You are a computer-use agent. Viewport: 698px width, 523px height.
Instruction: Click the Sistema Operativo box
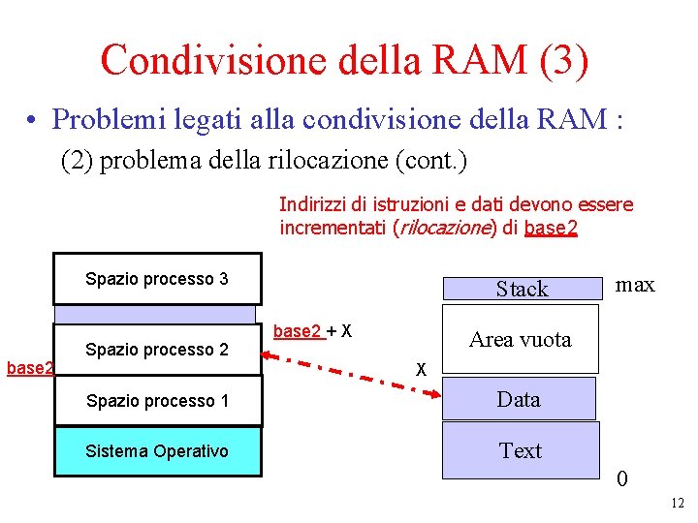point(157,451)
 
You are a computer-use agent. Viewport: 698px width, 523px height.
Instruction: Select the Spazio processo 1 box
point(157,400)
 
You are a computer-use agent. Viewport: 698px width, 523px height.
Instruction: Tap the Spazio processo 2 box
point(157,349)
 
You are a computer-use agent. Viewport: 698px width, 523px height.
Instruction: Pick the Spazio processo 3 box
point(157,279)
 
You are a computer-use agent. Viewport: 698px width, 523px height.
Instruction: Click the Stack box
point(522,289)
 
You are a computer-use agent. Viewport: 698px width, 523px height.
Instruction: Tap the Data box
point(519,399)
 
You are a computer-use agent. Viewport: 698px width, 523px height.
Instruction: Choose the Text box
point(520,450)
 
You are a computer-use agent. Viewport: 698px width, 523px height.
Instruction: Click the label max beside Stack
point(636,284)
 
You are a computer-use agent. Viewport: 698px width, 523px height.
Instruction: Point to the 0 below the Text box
point(621,479)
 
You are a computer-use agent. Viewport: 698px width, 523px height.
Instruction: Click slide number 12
point(677,503)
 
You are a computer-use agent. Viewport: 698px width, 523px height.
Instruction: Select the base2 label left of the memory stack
point(26,367)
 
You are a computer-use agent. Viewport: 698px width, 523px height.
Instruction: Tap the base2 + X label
point(311,331)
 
